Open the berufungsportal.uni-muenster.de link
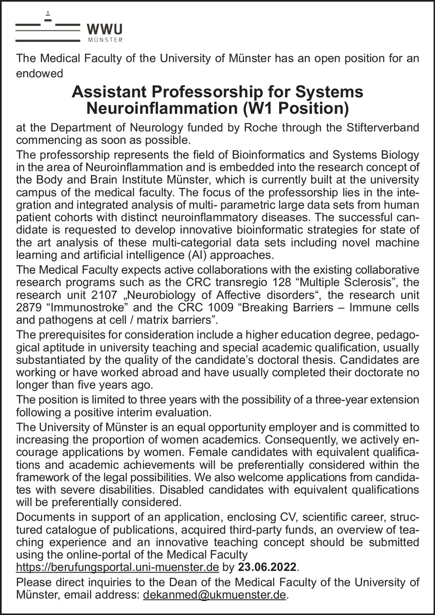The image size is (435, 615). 118,568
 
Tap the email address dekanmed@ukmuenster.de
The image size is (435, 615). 215,595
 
